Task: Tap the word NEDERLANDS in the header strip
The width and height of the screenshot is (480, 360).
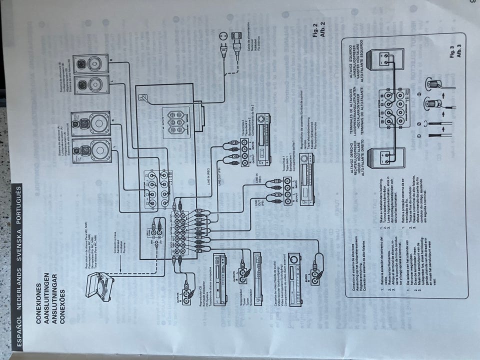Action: click(x=19, y=280)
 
